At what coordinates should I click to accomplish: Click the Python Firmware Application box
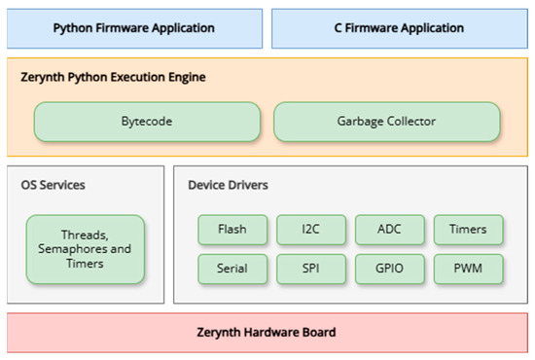(134, 28)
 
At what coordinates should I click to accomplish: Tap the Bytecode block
(147, 123)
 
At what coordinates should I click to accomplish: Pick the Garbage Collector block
(387, 123)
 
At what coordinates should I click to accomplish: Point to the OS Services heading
(53, 184)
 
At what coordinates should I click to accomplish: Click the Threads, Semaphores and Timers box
(85, 249)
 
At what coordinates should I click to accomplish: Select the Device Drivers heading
(227, 184)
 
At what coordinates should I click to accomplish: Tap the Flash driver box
(232, 230)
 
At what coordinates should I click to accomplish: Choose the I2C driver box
(310, 230)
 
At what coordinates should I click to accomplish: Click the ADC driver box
(389, 230)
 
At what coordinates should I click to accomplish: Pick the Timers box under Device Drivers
(468, 230)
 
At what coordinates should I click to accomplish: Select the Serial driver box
(232, 268)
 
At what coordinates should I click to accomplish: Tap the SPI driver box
(310, 268)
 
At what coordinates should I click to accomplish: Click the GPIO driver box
(389, 268)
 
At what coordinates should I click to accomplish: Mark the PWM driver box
(468, 268)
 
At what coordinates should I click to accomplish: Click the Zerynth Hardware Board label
(267, 333)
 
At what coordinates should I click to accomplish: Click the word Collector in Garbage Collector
(411, 123)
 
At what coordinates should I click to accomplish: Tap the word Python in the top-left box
(73, 28)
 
